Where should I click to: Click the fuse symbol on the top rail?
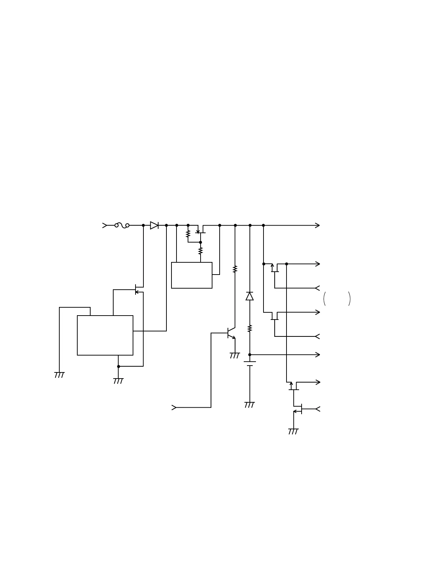tap(122, 225)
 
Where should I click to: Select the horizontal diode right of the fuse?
tap(154, 225)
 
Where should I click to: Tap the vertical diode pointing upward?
tap(249, 296)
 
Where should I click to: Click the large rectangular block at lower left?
tap(105, 335)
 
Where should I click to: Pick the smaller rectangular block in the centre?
tap(192, 275)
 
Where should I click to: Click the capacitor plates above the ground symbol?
tap(250, 363)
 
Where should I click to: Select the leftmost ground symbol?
tap(59, 375)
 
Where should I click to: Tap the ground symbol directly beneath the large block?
tap(118, 381)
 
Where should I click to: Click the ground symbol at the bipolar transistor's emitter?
tap(235, 356)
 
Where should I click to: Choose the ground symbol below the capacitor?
tap(249, 405)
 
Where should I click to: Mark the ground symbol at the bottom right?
tap(293, 431)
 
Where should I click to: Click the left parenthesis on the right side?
tap(325, 299)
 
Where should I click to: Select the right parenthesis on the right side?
tap(349, 299)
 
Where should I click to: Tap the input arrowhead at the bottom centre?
tap(174, 407)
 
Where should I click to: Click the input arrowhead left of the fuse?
tap(105, 225)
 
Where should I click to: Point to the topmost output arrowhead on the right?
tap(317, 225)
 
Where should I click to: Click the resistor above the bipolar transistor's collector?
tap(235, 269)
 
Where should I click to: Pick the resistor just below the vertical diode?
tap(250, 328)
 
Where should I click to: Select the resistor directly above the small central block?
tap(201, 251)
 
